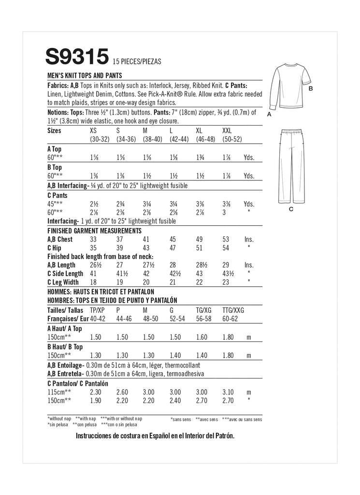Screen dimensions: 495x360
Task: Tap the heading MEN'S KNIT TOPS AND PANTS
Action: [x=85, y=75]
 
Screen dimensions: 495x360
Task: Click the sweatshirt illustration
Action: [x=287, y=89]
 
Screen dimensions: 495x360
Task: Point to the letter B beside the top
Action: [x=311, y=89]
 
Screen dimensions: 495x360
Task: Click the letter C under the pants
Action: [x=291, y=209]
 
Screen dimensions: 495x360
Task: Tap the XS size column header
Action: [x=94, y=131]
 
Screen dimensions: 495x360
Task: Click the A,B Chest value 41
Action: [x=146, y=239]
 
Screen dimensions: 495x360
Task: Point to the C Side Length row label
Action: [x=65, y=274]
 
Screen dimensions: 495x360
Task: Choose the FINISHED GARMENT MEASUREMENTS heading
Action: [x=94, y=231]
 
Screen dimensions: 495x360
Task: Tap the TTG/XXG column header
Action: [x=233, y=310]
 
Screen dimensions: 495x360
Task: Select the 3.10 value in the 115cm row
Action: [x=228, y=392]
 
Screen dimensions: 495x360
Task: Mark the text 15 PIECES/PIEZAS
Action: [x=136, y=61]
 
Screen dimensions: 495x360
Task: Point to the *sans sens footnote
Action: [x=181, y=419]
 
